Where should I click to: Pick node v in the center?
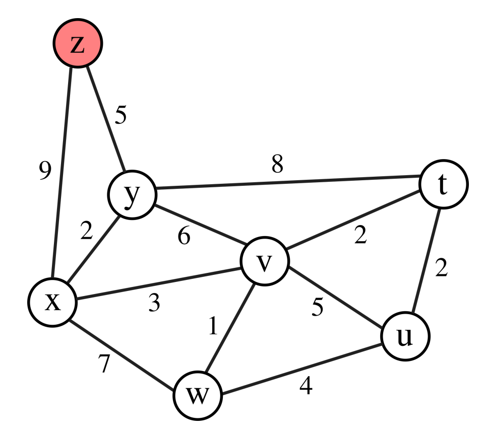coord(265,262)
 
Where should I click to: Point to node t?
coord(443,184)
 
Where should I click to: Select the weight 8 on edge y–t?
coord(277,164)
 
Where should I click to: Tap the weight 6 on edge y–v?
coord(184,236)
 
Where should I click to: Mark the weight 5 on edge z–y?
coord(120,115)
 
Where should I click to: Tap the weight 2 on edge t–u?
coord(442,268)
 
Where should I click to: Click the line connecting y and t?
coord(287,183)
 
